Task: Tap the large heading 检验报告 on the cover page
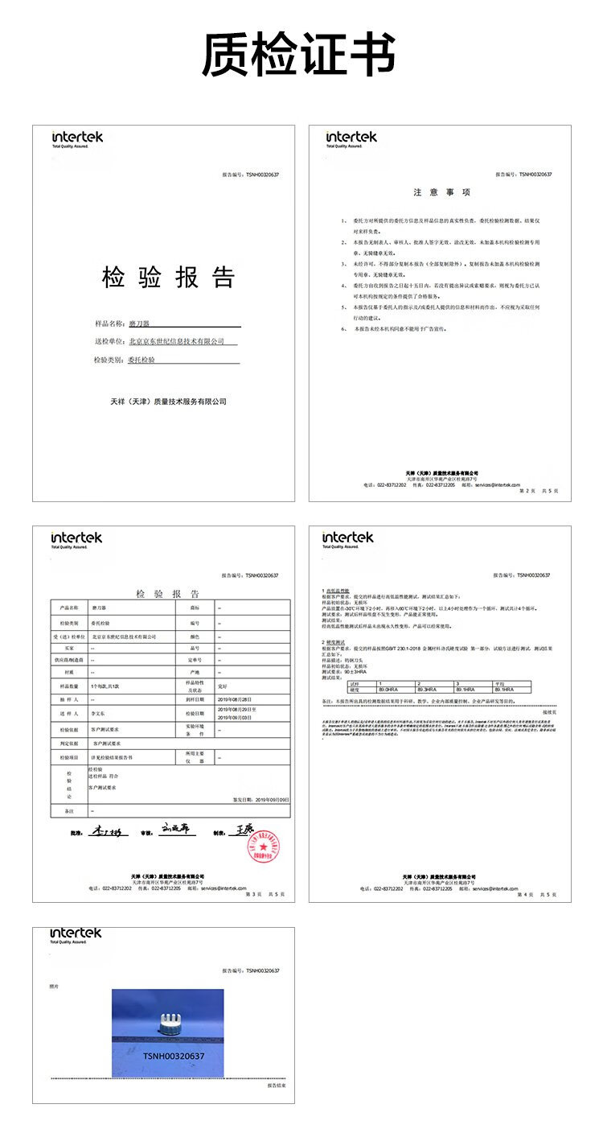click(x=169, y=278)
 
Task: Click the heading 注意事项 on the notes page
click(x=441, y=192)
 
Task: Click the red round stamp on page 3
click(x=263, y=847)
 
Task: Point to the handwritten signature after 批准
click(x=105, y=831)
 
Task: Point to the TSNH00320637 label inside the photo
click(x=174, y=1056)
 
